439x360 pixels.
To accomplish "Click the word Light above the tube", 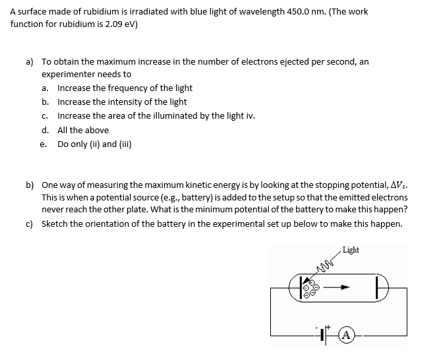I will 351,250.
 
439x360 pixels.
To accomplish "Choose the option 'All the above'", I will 82,130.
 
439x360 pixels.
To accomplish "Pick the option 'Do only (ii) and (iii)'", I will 94,144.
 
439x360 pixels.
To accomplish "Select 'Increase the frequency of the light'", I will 125,88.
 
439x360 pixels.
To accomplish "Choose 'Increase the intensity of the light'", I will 122,102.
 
